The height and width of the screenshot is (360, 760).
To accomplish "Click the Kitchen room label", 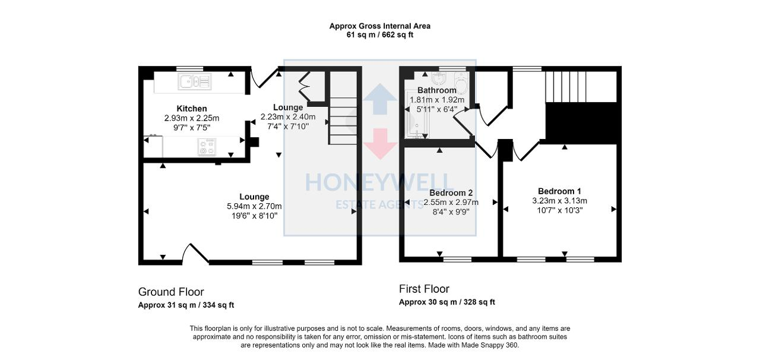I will (192, 109).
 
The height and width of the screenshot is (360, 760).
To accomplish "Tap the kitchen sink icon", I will (194, 81).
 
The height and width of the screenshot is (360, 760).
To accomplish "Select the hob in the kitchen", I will (207, 147).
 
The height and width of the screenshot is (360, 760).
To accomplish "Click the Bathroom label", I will (436, 90).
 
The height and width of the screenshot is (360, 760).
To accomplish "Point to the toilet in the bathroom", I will (461, 79).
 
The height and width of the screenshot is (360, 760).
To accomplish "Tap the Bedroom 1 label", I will (559, 191).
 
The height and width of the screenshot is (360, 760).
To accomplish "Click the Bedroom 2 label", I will (451, 193).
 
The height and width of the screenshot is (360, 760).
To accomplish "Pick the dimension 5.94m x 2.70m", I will (254, 206).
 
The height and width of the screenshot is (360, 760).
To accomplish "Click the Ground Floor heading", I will (171, 292).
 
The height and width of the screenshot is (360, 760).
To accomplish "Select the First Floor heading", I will (424, 289).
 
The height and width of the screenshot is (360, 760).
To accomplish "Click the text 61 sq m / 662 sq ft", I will (380, 35).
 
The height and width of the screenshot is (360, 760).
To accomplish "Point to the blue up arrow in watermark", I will (380, 99).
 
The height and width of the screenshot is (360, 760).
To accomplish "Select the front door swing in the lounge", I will (196, 253).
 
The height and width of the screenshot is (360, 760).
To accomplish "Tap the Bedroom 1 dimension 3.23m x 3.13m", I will (559, 201).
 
